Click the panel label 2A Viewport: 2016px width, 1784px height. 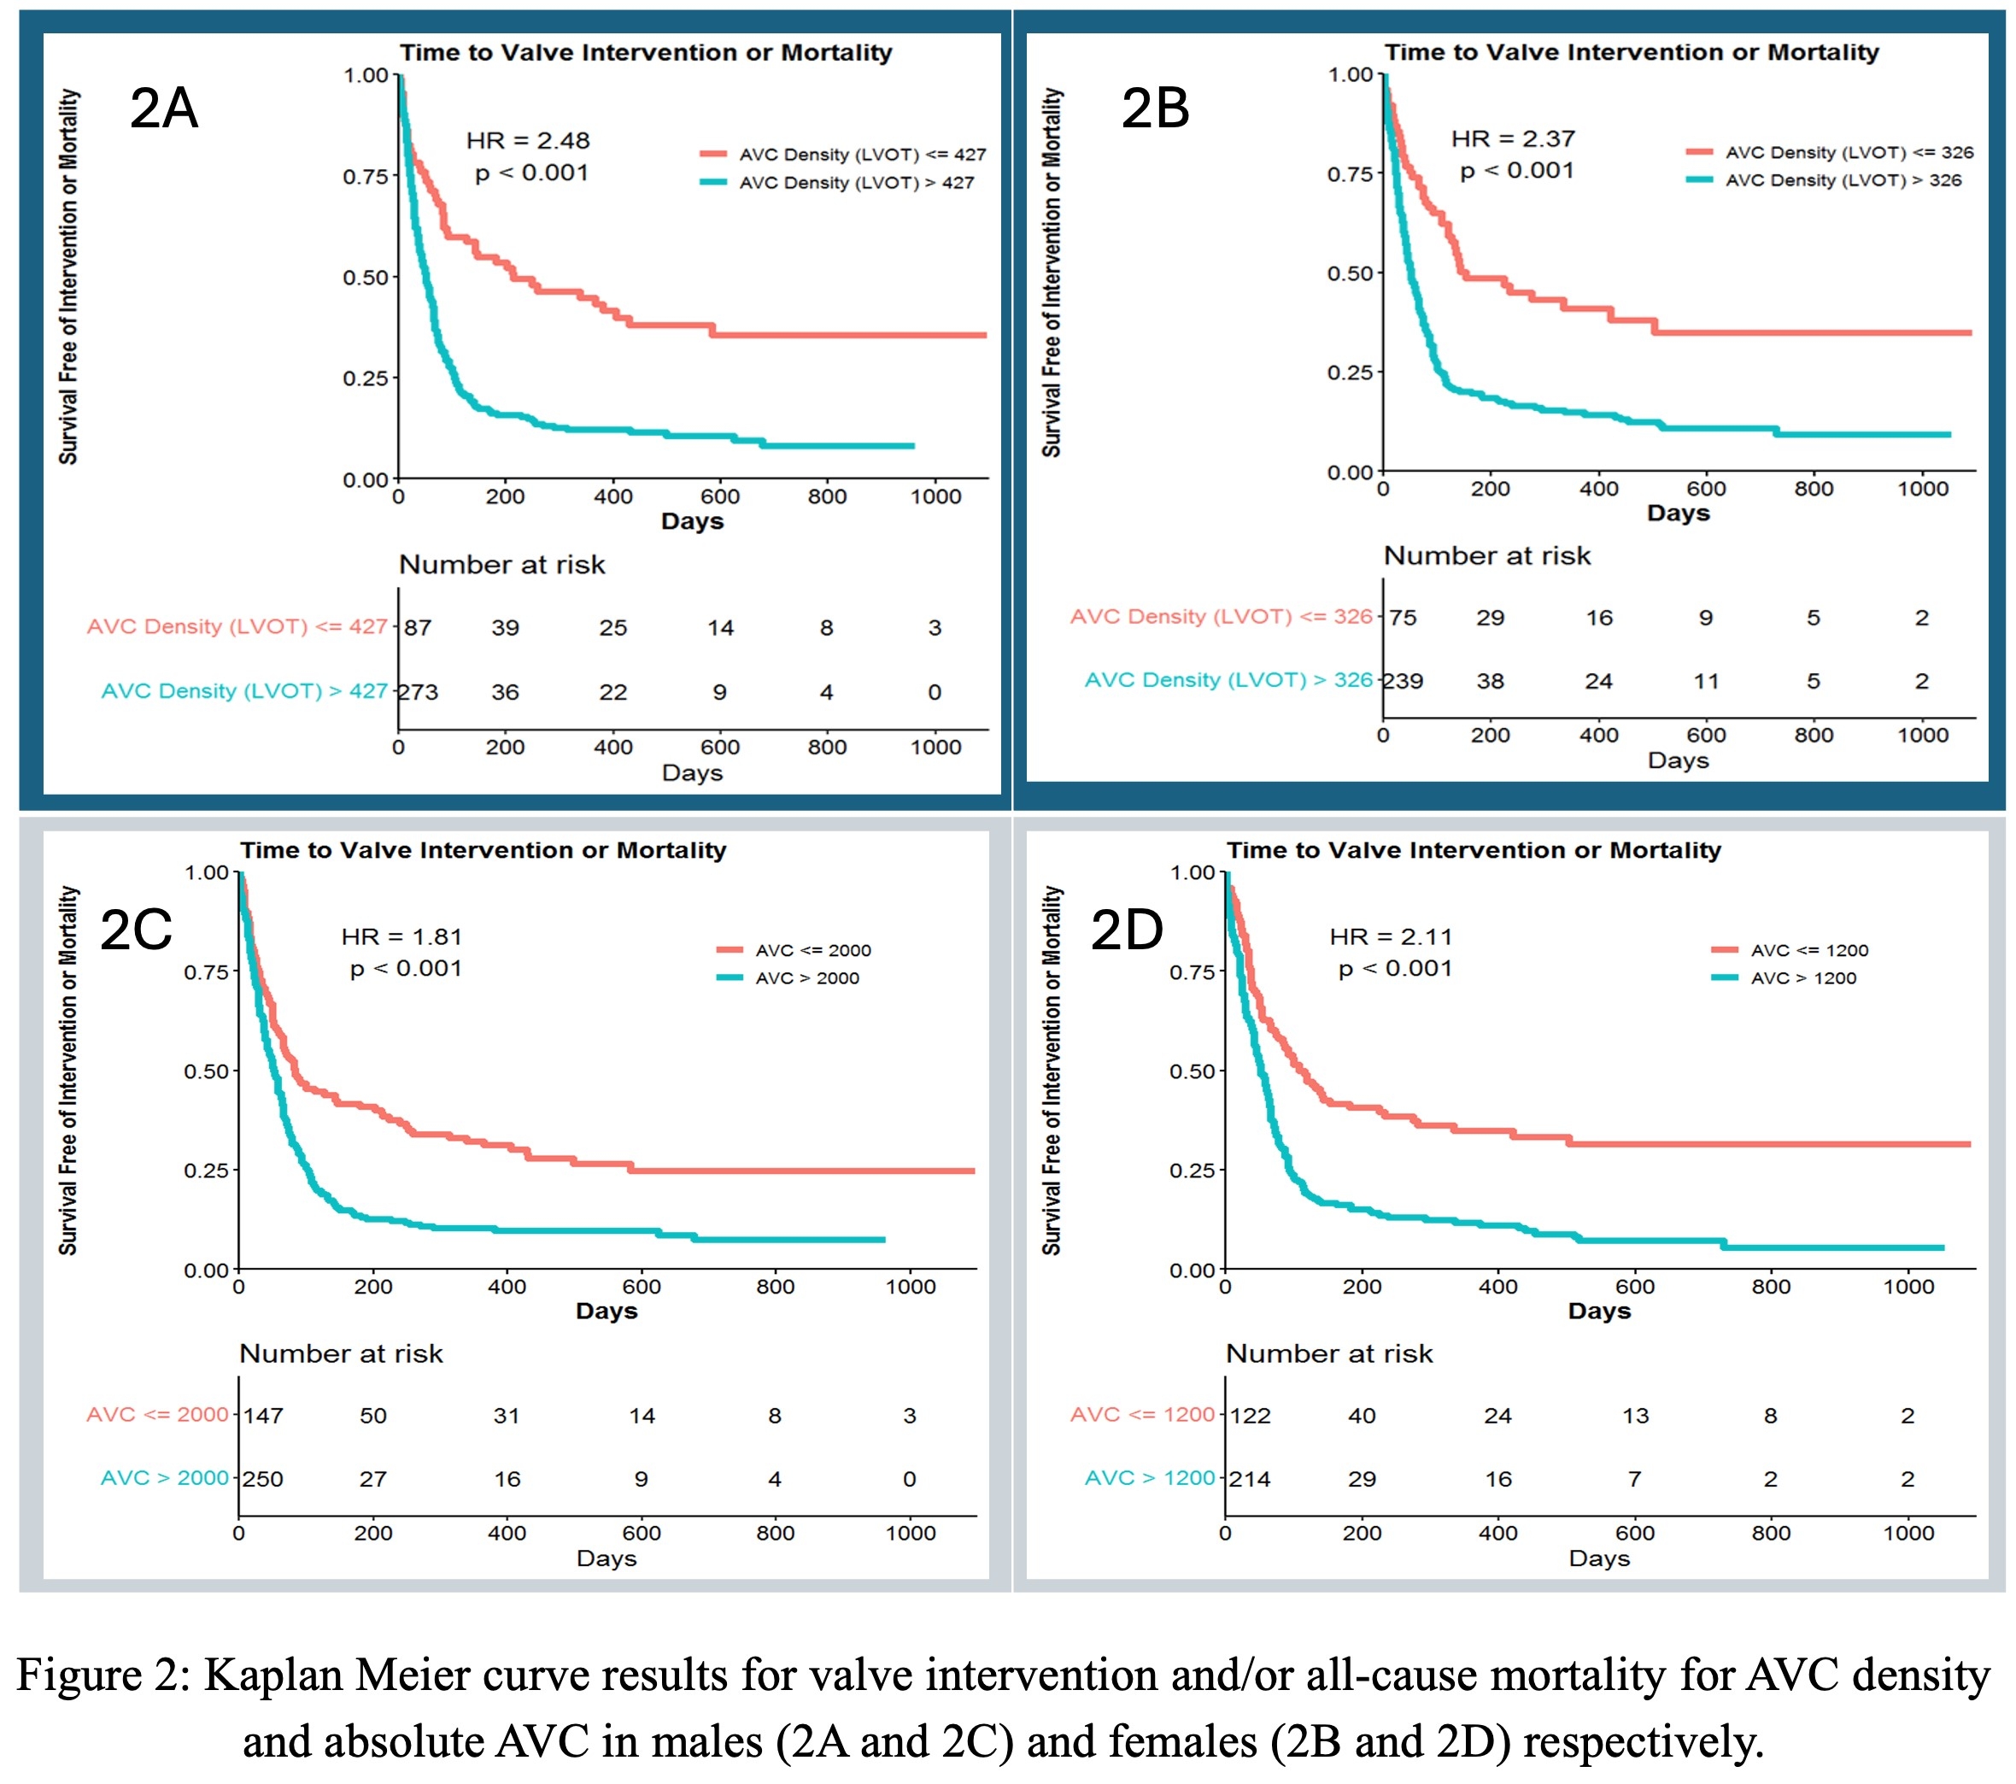[164, 108]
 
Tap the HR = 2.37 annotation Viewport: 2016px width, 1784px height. [1513, 139]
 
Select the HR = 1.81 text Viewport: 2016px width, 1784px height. [401, 936]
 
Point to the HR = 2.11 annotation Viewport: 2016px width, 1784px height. [1391, 936]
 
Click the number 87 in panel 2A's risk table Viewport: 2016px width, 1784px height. [419, 627]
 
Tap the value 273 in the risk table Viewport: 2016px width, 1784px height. [419, 692]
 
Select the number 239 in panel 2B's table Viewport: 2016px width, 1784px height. [1403, 681]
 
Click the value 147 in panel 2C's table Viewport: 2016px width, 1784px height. [263, 1416]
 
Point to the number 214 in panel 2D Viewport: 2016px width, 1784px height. [1250, 1479]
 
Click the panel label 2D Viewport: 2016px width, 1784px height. [1127, 930]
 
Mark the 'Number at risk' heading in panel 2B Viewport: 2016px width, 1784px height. [1487, 555]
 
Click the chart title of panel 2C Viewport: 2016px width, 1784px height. [483, 849]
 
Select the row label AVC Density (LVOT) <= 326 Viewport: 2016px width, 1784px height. [1221, 617]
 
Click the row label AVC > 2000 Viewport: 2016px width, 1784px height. [165, 1478]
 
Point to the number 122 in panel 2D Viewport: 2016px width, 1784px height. [1250, 1416]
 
